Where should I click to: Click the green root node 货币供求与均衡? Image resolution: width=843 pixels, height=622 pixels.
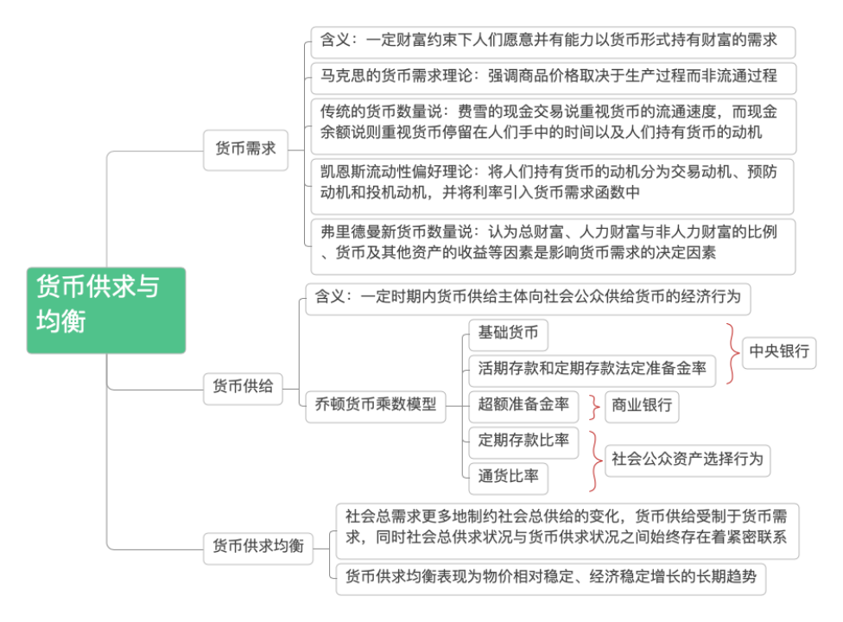(x=105, y=309)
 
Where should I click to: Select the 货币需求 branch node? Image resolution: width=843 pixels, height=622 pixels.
(x=245, y=149)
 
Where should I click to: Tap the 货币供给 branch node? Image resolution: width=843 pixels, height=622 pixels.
(x=243, y=387)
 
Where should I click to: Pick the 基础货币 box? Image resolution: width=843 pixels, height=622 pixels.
(x=508, y=333)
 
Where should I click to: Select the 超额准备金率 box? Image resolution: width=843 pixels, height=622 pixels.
(x=523, y=404)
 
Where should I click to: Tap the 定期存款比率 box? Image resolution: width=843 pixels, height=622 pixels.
(x=523, y=440)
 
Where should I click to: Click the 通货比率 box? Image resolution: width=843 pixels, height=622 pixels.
(x=508, y=475)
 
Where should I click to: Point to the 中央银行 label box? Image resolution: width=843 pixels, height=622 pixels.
(x=779, y=352)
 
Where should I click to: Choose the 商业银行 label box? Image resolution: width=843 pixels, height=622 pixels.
(x=641, y=405)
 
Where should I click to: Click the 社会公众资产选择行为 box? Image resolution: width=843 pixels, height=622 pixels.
(x=687, y=459)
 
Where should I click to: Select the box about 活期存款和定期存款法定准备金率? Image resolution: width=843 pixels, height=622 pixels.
(x=592, y=369)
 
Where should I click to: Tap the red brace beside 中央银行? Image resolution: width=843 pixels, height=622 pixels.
(x=732, y=352)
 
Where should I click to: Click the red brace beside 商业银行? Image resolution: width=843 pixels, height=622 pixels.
(x=595, y=405)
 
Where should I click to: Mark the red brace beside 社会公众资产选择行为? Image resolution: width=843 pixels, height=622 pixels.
(x=595, y=459)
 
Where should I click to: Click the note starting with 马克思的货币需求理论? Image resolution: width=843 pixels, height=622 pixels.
(x=553, y=76)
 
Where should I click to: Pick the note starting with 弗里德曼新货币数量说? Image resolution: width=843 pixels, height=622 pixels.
(x=553, y=243)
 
